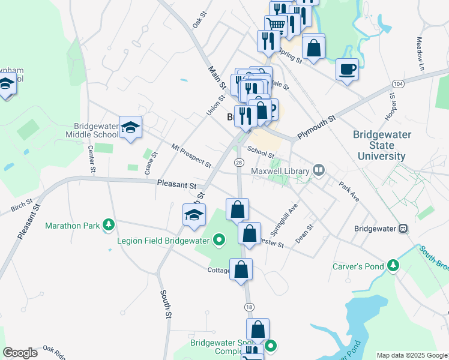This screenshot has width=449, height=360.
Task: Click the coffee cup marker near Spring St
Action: pos(348,70)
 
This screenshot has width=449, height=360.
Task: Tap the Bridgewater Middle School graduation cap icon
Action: pos(130,127)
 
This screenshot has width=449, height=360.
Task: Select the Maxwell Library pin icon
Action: pos(318,171)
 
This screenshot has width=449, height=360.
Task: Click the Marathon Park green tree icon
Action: pos(109,226)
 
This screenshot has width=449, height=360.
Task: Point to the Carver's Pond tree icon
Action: pos(393,265)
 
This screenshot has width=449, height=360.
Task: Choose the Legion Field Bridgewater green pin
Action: pos(219,241)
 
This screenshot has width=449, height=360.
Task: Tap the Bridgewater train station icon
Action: pos(403,229)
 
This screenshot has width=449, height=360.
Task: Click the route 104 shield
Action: pos(398,82)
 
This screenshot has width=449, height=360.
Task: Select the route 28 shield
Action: pos(239,163)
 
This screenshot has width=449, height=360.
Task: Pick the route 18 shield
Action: pos(249,307)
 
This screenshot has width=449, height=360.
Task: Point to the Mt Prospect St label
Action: pos(191,155)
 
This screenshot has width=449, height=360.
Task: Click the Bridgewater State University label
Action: pos(382,145)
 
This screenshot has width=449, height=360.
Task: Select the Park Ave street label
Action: pos(348,191)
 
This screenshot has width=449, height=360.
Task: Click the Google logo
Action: pos(20,353)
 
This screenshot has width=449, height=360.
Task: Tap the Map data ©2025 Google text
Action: pos(411,355)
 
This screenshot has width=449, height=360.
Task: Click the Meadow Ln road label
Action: pos(420,55)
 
